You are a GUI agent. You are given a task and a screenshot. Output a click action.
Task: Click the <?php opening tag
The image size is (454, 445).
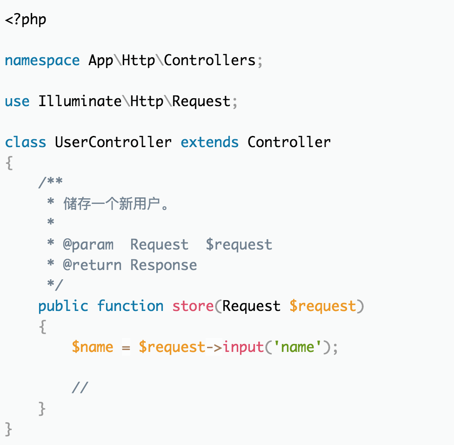click(26, 20)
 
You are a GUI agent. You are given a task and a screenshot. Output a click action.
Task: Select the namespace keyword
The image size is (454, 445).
click(42, 61)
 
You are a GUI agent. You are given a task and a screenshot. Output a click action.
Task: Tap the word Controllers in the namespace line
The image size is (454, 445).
click(210, 60)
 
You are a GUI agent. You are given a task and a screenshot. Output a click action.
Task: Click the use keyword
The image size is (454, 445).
click(17, 101)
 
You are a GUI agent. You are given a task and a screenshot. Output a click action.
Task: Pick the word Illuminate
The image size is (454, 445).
click(80, 101)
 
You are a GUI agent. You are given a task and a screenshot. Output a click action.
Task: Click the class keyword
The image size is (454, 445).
click(26, 142)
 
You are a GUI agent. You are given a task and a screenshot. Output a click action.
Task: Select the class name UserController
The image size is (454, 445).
click(113, 142)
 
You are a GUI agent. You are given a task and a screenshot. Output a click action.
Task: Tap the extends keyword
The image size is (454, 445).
click(210, 142)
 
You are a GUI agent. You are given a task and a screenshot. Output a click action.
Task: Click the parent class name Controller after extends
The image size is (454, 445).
click(289, 142)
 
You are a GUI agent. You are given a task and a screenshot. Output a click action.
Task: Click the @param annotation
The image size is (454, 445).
click(88, 245)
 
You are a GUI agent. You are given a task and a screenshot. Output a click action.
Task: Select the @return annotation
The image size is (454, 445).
click(92, 265)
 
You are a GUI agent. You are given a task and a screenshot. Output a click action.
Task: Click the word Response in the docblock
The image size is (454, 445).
click(164, 265)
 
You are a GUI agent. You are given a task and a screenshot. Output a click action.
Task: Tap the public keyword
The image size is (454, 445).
click(63, 306)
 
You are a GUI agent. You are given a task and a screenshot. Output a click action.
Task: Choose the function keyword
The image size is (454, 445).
click(130, 306)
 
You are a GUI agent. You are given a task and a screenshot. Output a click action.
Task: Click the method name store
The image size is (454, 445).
click(193, 306)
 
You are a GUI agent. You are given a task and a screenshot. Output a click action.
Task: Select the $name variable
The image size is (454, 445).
click(93, 347)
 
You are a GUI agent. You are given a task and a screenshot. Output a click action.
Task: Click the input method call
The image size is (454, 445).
click(243, 347)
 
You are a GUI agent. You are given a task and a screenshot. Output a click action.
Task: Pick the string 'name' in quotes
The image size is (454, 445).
click(297, 347)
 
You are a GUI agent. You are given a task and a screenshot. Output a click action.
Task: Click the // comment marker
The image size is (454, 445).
click(80, 388)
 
